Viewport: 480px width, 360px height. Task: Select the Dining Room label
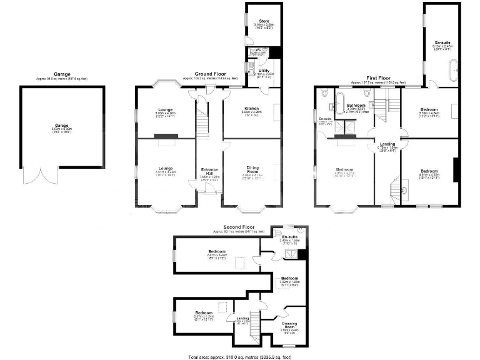click(252, 169)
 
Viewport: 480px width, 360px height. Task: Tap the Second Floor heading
click(237, 226)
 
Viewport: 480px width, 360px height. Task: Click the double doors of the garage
click(41, 176)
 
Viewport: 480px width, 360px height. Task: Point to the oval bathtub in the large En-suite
click(451, 72)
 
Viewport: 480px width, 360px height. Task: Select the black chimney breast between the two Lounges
click(166, 136)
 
